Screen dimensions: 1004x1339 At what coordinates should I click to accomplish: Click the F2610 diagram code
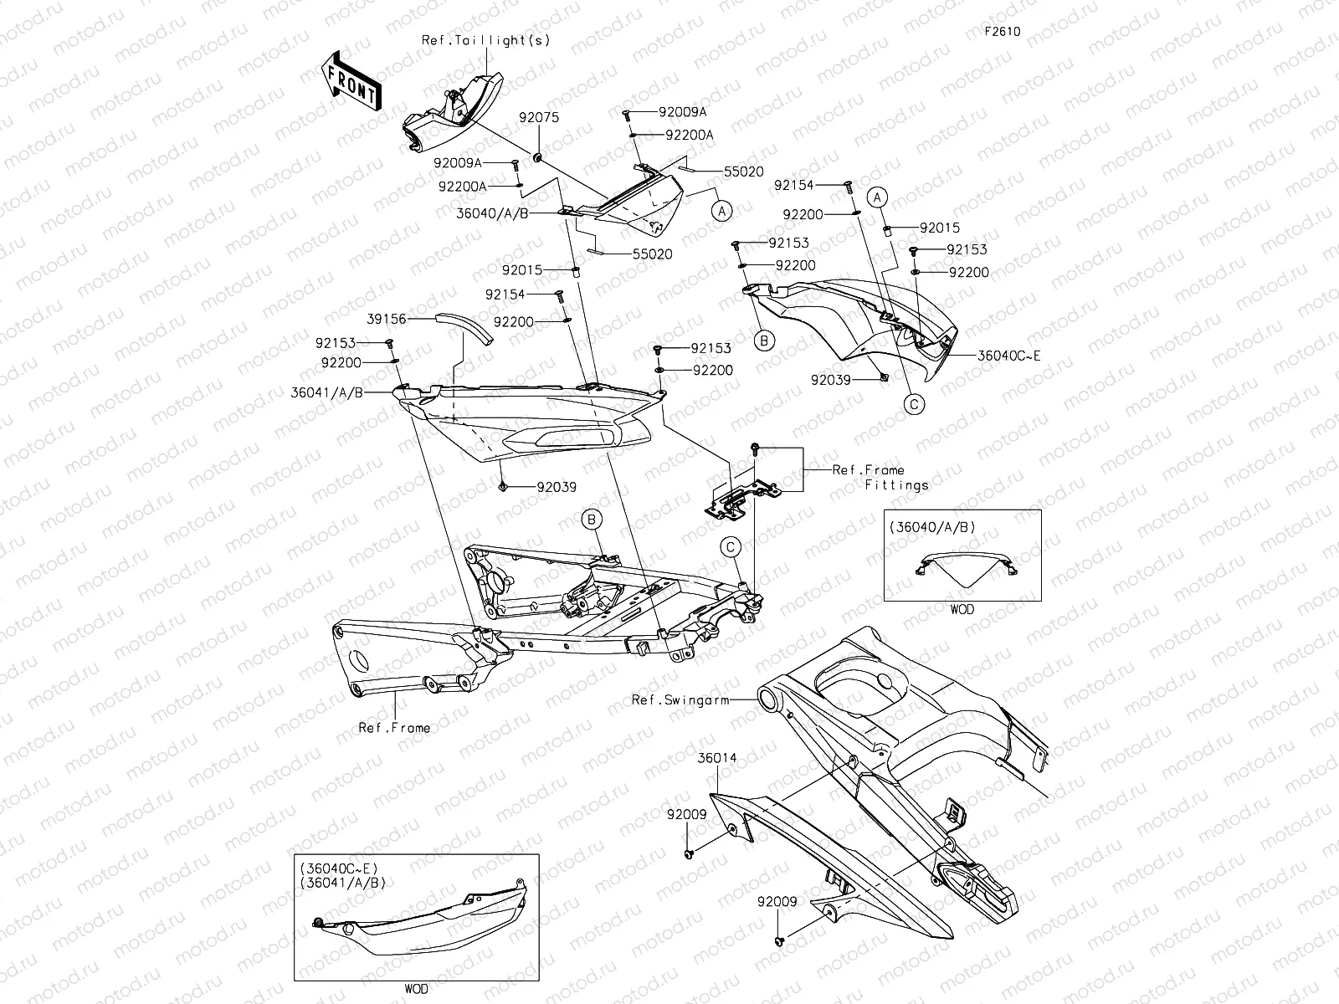(1002, 32)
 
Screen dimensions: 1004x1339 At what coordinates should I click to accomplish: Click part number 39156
(387, 319)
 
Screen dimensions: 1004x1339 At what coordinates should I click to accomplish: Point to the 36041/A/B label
(327, 392)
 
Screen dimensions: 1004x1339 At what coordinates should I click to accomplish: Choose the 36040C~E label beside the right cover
(1010, 356)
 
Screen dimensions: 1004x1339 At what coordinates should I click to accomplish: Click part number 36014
(718, 758)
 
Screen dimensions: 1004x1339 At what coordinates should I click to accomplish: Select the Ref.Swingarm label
(680, 699)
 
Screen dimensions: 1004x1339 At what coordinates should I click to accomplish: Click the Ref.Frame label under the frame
(394, 728)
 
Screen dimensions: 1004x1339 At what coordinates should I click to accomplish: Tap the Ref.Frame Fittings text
(879, 477)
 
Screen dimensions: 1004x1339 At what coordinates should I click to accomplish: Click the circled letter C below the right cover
(915, 404)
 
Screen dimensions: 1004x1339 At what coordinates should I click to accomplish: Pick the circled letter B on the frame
(593, 520)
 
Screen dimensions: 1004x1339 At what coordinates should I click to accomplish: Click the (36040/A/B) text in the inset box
(934, 527)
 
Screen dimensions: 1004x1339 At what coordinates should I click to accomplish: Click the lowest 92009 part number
(777, 903)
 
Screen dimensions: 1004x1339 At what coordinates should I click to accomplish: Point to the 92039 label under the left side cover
(556, 487)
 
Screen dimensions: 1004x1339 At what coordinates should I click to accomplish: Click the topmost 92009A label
(682, 111)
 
